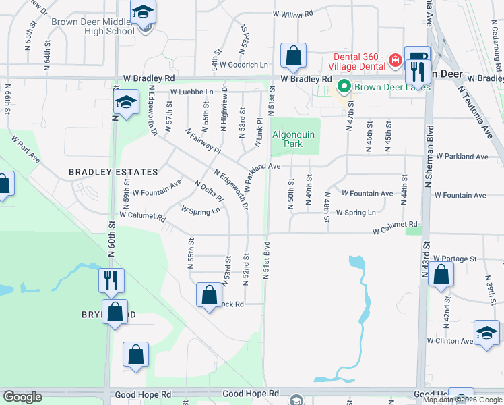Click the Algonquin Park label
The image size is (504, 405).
pos(293,139)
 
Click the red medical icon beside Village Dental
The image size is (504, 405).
pos(395,62)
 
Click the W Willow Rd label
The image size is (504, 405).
pos(293,13)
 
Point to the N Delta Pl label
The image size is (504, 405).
pos(208,192)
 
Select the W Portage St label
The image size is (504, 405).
pos(455,258)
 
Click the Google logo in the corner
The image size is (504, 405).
pos(22,397)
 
